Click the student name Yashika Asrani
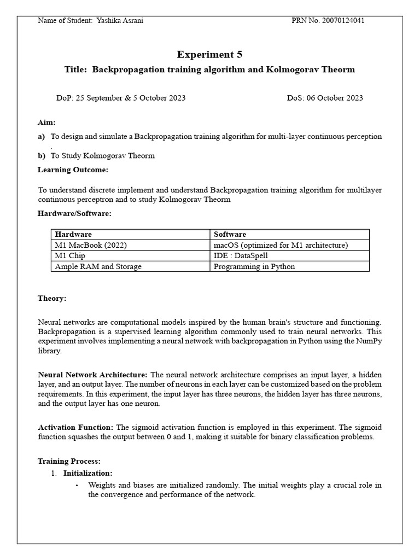[120, 21]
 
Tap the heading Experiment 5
[209, 54]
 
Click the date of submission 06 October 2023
[335, 98]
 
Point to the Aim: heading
[46, 122]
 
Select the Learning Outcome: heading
[73, 170]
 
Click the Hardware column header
[73, 234]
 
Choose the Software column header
[230, 234]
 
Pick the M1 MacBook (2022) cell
[91, 245]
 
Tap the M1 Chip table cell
[70, 255]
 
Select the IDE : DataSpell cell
[241, 255]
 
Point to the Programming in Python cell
[254, 266]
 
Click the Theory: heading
[52, 298]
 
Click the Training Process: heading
[69, 462]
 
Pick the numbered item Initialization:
[88, 472]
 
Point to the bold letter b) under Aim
[42, 155]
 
